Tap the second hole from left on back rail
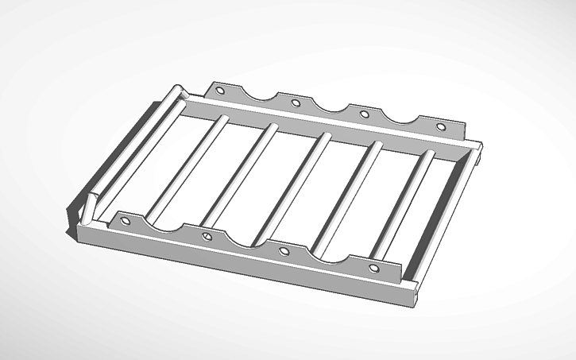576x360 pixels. [296, 103]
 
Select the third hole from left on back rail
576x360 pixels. [365, 114]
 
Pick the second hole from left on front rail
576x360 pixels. [207, 236]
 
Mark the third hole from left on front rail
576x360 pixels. [284, 252]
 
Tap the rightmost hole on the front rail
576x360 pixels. [374, 269]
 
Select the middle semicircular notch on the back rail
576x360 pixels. [329, 105]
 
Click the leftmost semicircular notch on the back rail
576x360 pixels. [259, 94]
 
